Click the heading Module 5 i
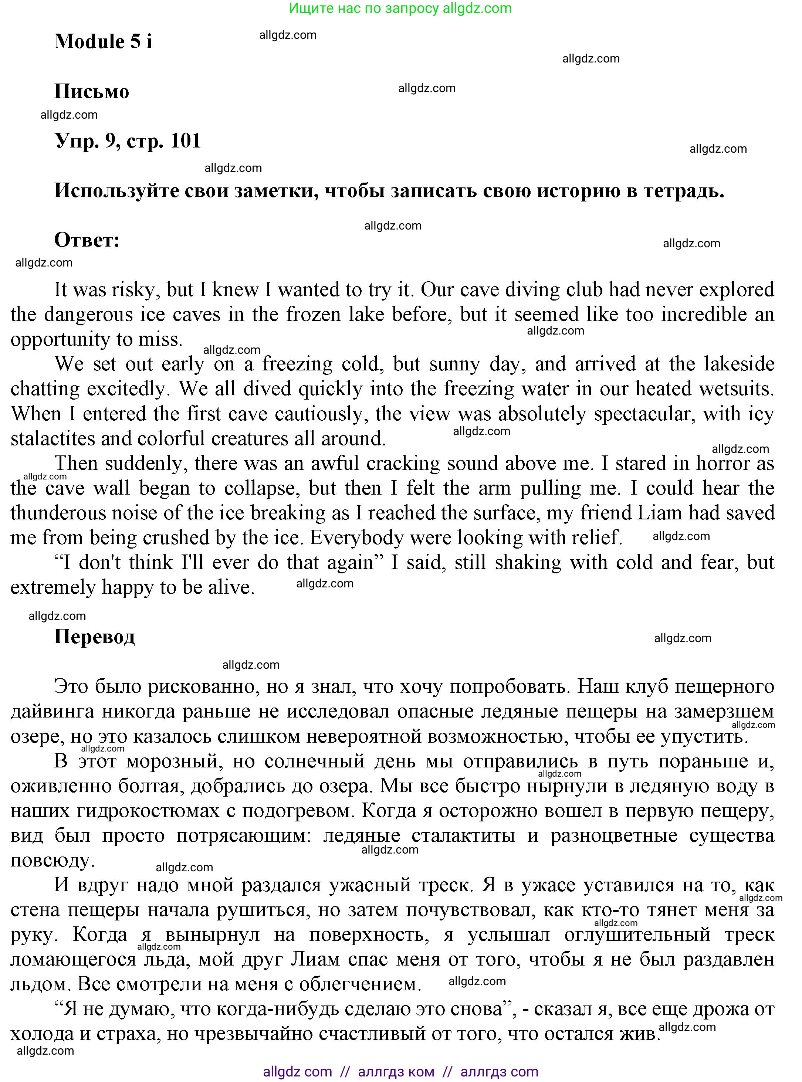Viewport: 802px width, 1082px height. tap(103, 42)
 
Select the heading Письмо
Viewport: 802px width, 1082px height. tap(92, 92)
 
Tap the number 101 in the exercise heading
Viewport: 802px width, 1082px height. tap(186, 141)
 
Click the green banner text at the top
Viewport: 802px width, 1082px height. tap(400, 8)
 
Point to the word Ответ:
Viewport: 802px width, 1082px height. tap(87, 240)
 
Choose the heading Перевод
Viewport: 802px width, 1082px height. tap(94, 637)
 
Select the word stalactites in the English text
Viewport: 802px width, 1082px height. tap(53, 439)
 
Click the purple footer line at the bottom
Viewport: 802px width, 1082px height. tap(400, 1071)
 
